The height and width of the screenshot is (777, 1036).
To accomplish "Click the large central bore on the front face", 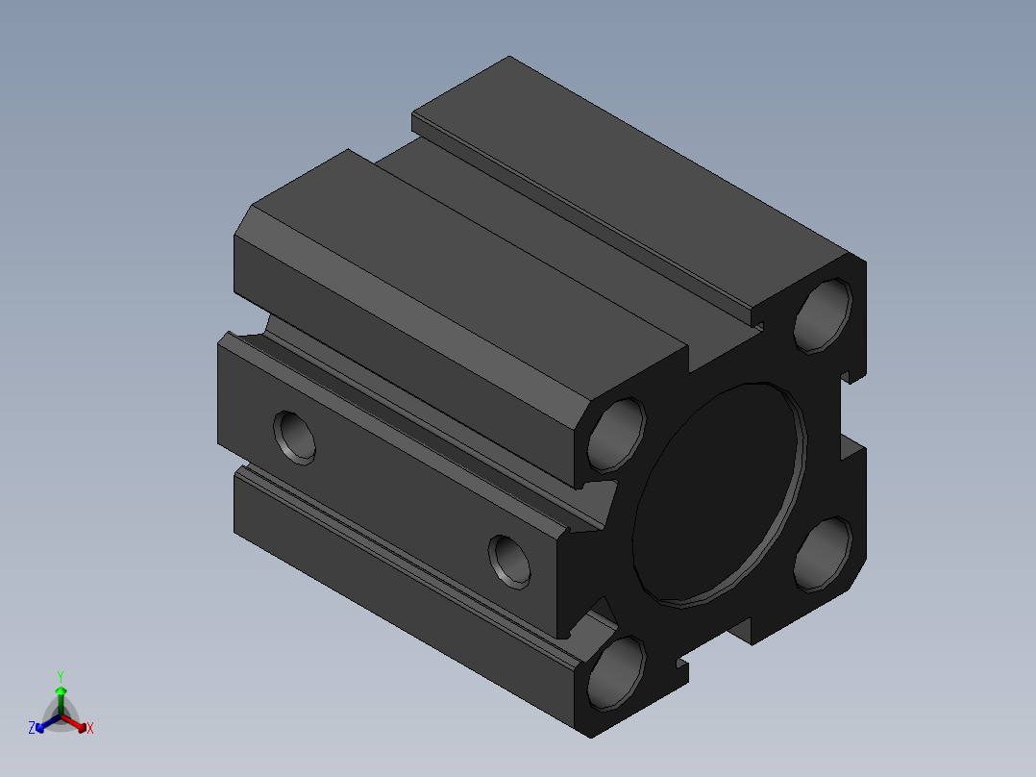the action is click(x=719, y=494).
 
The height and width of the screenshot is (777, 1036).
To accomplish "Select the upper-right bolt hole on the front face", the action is click(x=823, y=315).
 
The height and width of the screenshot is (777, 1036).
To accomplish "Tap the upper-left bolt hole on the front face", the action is click(x=616, y=435).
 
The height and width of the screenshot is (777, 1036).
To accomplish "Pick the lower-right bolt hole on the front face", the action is click(x=823, y=554).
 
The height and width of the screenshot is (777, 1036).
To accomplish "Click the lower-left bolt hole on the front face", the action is click(x=616, y=674).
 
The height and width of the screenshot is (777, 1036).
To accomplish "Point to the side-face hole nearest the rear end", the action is click(x=295, y=438).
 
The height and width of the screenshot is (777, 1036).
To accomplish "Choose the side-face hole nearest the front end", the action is click(x=509, y=562).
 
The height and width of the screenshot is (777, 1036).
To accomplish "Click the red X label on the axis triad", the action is click(x=90, y=728).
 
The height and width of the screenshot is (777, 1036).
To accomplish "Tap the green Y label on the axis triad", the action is click(x=61, y=677).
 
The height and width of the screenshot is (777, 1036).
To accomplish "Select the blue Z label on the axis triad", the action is click(x=32, y=728).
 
